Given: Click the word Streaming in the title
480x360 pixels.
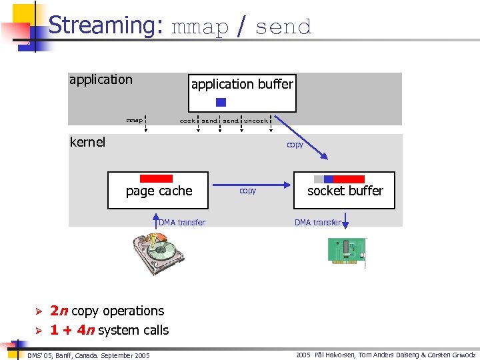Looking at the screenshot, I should click(105, 25).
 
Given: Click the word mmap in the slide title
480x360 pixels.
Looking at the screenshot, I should click(200, 27).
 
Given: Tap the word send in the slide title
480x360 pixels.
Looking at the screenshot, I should click(283, 27).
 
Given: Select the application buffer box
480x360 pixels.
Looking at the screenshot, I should click(242, 93).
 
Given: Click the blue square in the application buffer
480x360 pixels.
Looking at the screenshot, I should click(221, 102).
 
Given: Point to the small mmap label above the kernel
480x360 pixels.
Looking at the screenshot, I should click(135, 121).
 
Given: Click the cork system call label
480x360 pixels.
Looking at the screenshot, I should click(187, 121).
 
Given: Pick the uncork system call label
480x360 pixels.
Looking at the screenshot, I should click(256, 121).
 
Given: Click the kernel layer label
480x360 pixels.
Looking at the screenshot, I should click(87, 142).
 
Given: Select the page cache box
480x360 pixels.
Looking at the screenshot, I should click(159, 190).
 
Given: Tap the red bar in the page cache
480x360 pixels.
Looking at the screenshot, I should click(157, 179).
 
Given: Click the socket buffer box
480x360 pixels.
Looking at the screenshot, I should click(345, 190).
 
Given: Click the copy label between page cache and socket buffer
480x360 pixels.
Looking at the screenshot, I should click(247, 191).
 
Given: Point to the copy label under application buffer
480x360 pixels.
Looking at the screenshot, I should click(295, 145).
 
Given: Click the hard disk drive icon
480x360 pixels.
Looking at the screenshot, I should click(158, 252).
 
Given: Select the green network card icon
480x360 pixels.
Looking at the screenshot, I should click(347, 252).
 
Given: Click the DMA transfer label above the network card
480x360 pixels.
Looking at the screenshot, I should click(317, 223).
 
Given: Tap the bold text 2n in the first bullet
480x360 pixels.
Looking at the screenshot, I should click(59, 311).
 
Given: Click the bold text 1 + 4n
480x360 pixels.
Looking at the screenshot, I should click(72, 330).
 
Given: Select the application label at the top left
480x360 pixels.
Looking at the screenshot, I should click(101, 80).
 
